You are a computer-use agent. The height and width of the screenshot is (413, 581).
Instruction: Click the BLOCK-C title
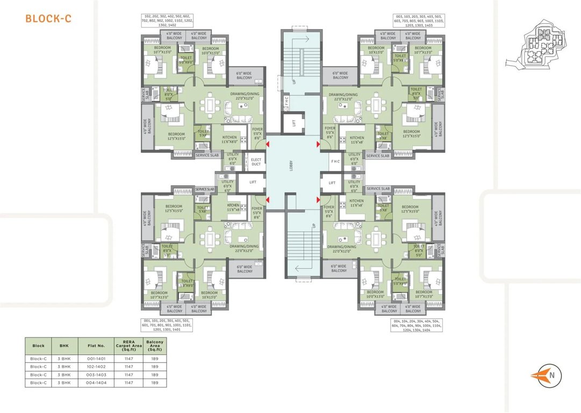pyautogui.click(x=48, y=19)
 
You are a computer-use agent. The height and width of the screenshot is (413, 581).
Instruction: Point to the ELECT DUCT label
pyautogui.click(x=256, y=161)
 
